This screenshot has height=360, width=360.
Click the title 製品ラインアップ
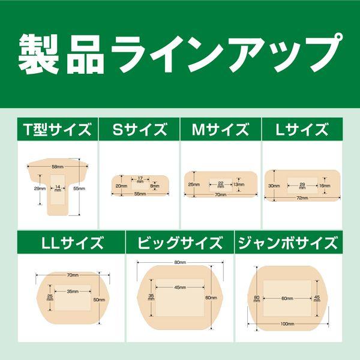tap(180, 54)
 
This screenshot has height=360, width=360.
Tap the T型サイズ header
tap(57, 129)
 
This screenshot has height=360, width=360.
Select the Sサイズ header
tap(140, 129)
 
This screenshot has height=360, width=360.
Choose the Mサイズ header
tap(220, 129)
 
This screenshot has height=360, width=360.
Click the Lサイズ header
tap(302, 129)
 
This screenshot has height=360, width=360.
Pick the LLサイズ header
tap(73, 243)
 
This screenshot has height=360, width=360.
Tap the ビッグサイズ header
tap(180, 243)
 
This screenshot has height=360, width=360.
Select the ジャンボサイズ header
tap(288, 243)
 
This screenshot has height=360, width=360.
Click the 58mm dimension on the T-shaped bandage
tap(58, 167)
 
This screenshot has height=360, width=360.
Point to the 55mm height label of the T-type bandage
tap(79, 188)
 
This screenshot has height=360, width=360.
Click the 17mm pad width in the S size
tap(140, 179)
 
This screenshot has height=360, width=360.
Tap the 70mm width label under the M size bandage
tap(220, 194)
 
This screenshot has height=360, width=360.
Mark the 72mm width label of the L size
tap(302, 197)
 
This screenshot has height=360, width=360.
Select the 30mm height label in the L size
tap(274, 186)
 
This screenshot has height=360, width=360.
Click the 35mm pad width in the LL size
tap(73, 292)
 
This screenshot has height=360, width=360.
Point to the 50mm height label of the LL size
tap(99, 299)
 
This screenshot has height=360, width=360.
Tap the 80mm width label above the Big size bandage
tap(180, 262)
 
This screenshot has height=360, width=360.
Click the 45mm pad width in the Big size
tap(180, 287)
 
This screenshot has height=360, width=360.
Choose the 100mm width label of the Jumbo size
tap(287, 324)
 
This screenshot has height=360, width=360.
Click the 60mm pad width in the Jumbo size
tap(287, 298)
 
